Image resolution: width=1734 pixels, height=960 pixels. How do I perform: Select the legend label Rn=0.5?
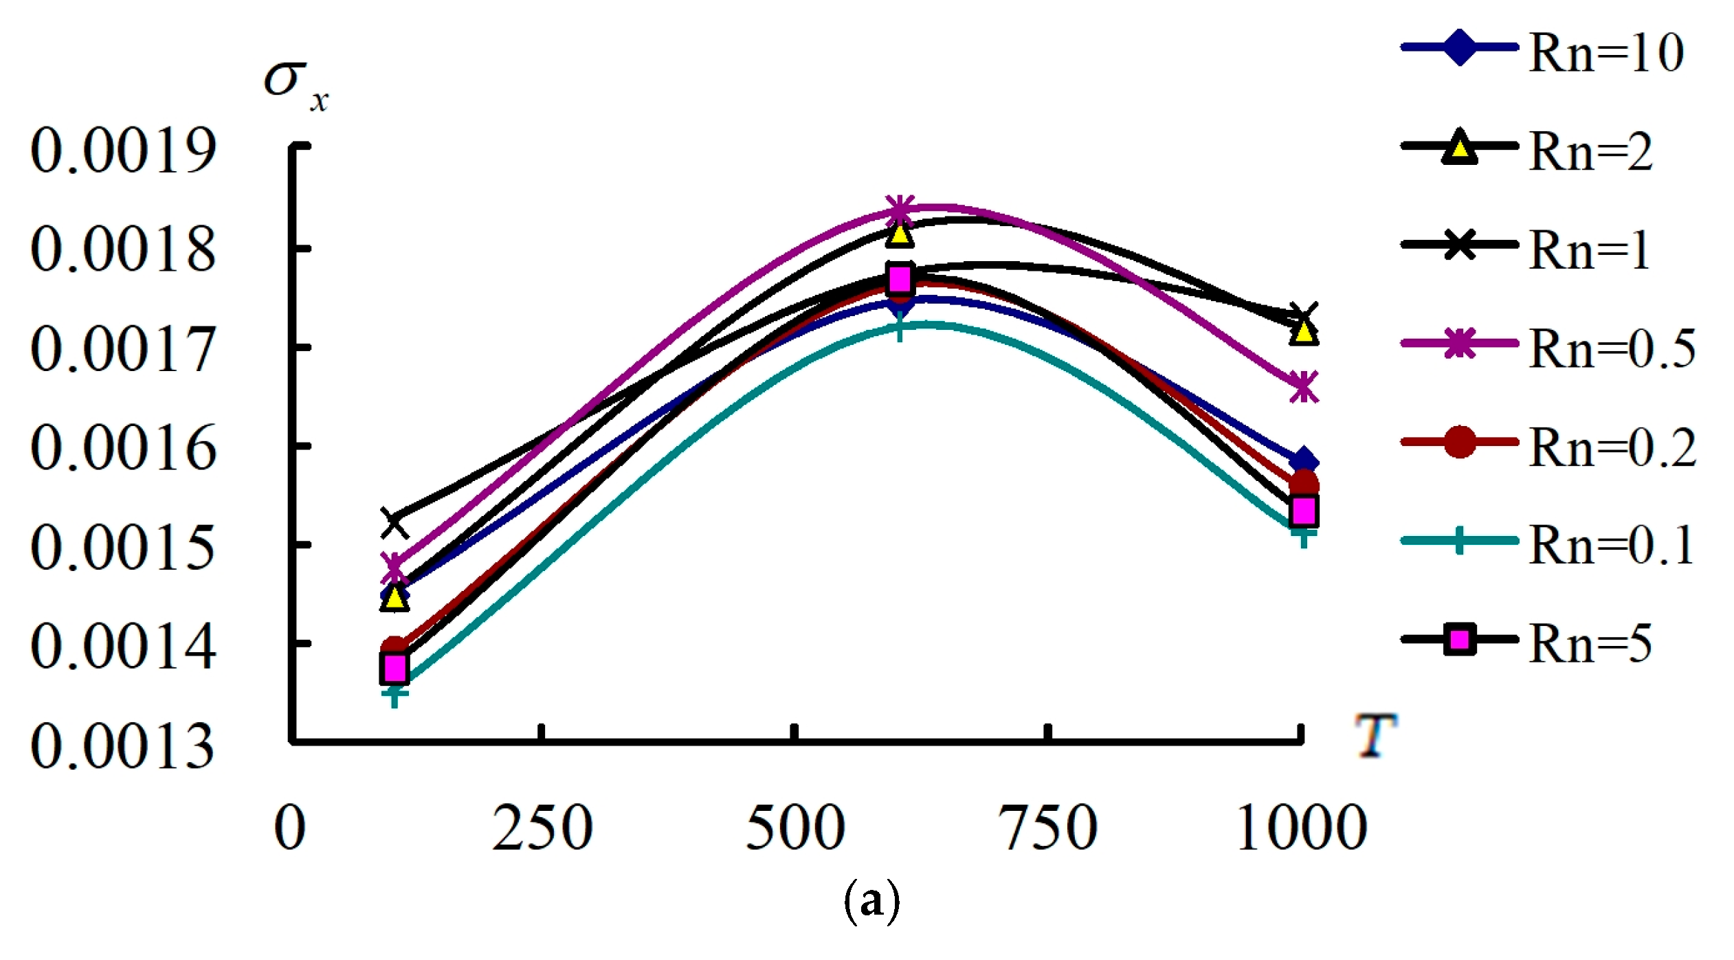[x=1612, y=348]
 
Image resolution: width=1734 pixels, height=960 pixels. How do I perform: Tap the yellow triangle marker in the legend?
[x=1458, y=149]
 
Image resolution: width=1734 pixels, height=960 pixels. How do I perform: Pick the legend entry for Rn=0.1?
[x=1611, y=545]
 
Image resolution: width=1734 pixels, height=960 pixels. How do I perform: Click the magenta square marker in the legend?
[x=1459, y=640]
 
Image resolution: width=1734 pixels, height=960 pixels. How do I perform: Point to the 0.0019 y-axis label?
[x=123, y=150]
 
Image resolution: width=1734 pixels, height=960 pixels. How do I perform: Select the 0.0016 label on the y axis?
[x=123, y=448]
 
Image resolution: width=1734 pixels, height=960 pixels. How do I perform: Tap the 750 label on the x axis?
[x=1047, y=828]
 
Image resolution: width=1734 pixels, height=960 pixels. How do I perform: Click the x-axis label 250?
[x=542, y=828]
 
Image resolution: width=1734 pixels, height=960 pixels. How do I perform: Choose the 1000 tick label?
[x=1301, y=828]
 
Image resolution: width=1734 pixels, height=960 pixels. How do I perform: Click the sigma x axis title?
[x=296, y=86]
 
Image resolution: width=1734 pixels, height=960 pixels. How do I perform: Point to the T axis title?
[x=1375, y=735]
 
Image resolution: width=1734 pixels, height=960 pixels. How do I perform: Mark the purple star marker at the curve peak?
[x=900, y=208]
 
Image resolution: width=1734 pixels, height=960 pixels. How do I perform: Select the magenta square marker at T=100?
[x=394, y=667]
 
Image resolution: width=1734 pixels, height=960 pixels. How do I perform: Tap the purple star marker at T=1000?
[x=1303, y=387]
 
